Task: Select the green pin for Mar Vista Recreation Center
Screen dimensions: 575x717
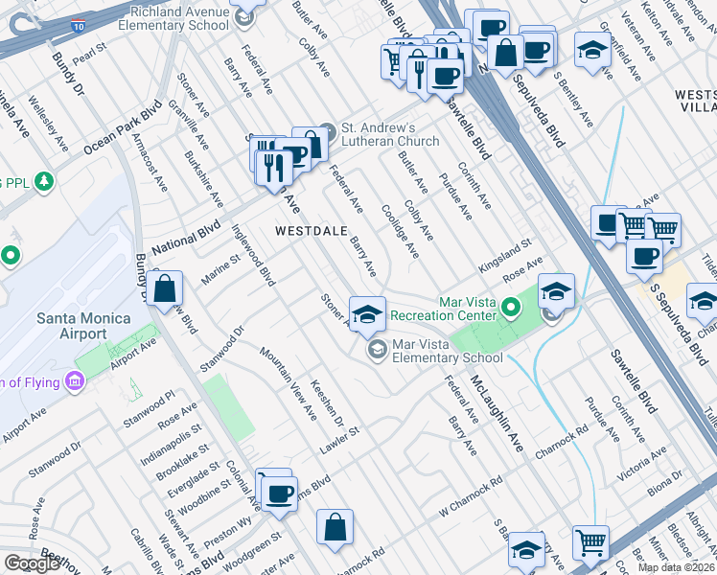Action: pyautogui.click(x=511, y=309)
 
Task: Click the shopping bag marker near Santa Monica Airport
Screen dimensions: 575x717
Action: pyautogui.click(x=165, y=288)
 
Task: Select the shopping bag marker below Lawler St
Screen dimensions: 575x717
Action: pyautogui.click(x=335, y=526)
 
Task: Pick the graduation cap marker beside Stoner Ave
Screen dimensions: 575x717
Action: pyautogui.click(x=366, y=313)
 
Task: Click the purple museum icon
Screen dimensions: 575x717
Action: pyautogui.click(x=74, y=383)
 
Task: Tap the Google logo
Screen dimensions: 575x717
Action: pyautogui.click(x=31, y=563)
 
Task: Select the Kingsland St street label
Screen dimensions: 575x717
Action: pyautogui.click(x=505, y=254)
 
